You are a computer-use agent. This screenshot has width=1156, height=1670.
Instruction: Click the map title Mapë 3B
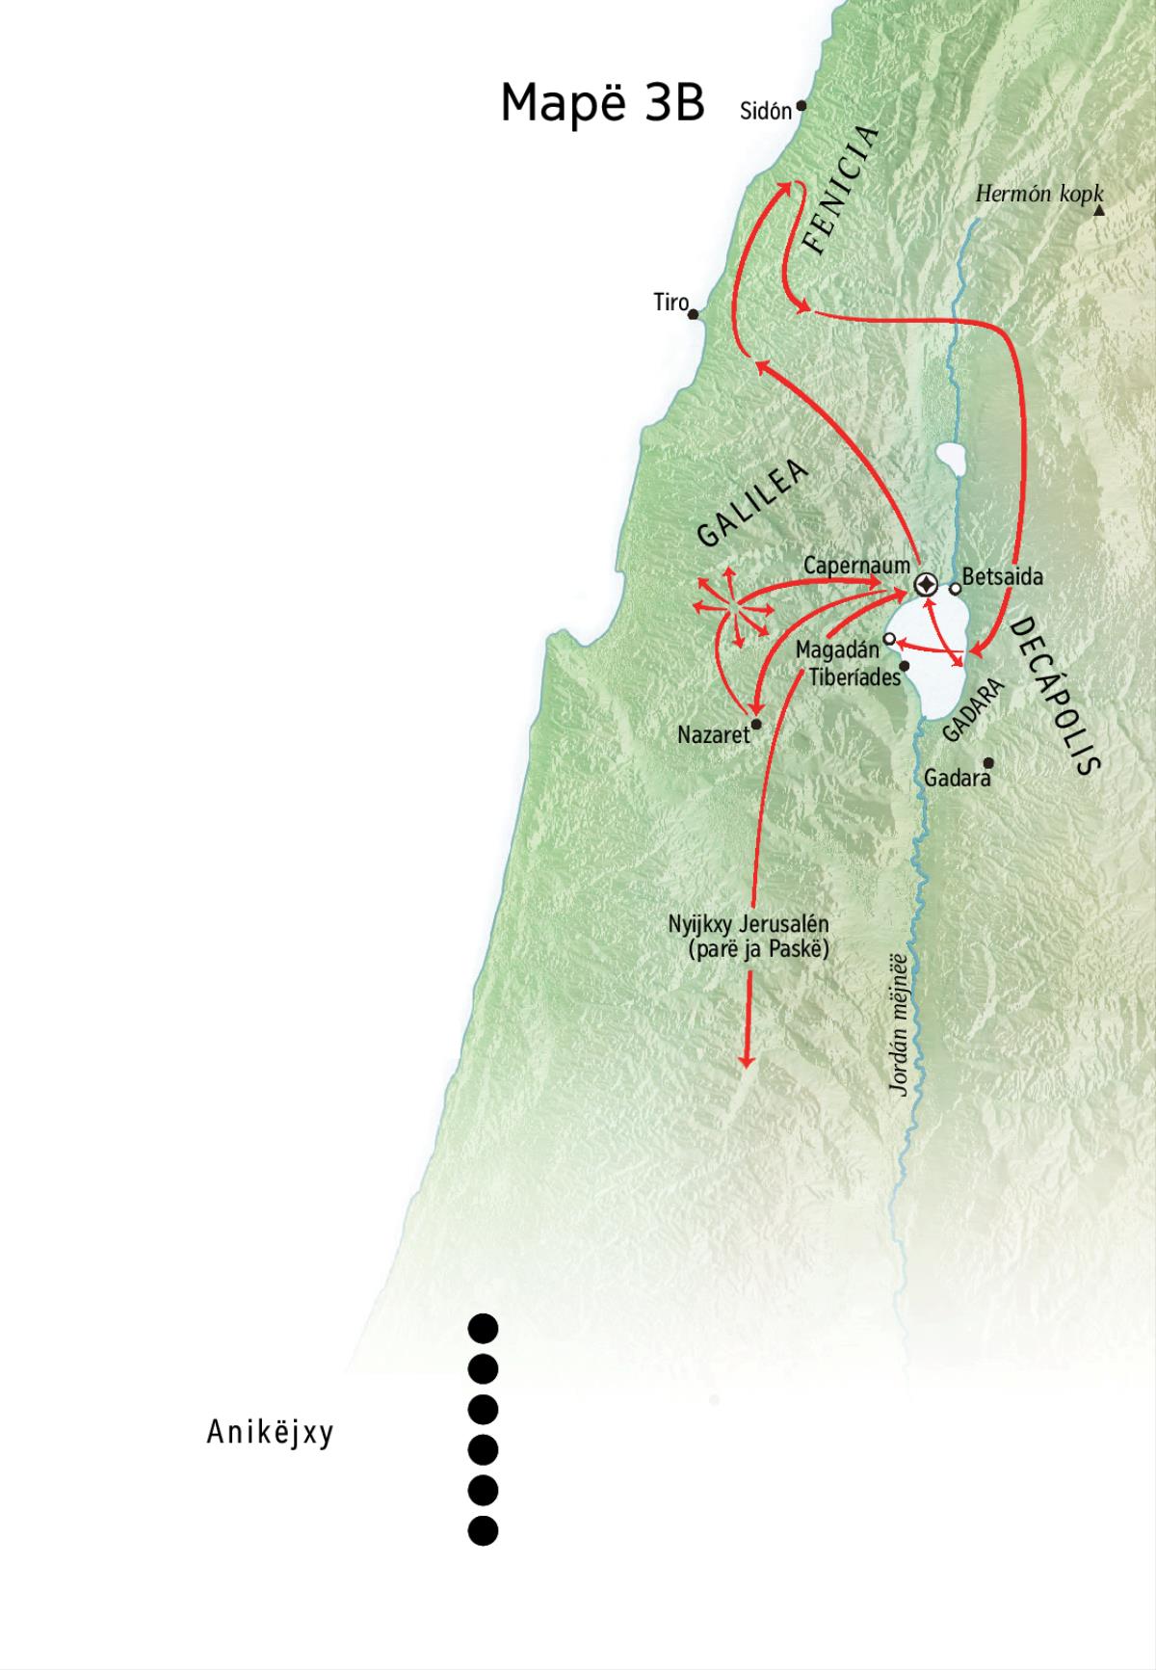(602, 102)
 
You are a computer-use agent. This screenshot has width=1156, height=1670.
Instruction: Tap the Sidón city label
(765, 111)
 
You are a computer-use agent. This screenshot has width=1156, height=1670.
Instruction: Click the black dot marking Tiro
(693, 313)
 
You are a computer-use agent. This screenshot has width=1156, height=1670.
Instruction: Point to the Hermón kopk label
(1038, 194)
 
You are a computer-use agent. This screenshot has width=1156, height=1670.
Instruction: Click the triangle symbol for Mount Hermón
(1099, 209)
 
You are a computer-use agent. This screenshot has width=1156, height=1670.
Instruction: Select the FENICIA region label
(841, 190)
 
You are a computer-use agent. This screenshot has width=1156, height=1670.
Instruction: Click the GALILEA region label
(752, 504)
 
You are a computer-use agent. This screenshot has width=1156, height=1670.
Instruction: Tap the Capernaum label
(856, 565)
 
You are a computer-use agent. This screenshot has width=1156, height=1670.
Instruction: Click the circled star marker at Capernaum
(926, 584)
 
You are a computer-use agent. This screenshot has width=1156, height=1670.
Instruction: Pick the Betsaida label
(1002, 577)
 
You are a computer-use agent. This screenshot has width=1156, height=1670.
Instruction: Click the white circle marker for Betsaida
(955, 588)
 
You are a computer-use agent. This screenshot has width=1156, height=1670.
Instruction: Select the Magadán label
(837, 650)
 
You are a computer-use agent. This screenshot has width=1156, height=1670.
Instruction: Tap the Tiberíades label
(854, 676)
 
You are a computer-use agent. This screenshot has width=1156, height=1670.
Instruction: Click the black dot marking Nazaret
(756, 724)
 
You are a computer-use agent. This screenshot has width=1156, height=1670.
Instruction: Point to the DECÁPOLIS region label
(1054, 696)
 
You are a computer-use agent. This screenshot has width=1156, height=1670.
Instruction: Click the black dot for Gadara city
(988, 763)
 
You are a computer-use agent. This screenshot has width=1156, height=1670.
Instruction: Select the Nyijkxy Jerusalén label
(749, 924)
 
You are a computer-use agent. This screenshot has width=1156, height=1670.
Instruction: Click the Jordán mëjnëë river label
(900, 1024)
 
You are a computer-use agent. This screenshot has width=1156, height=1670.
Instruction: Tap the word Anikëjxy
(270, 1433)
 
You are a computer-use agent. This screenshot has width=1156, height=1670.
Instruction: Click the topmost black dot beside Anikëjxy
(483, 1329)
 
